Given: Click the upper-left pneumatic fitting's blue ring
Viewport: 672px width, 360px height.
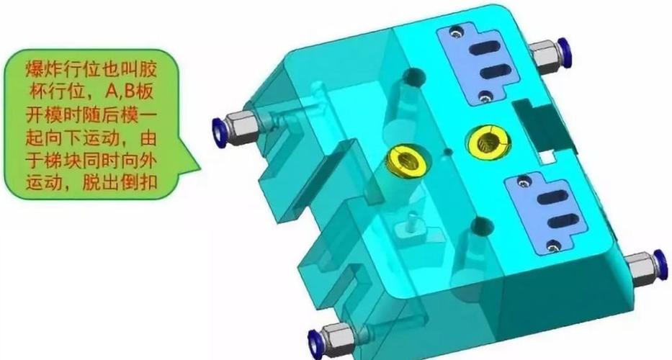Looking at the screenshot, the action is tap(219, 133).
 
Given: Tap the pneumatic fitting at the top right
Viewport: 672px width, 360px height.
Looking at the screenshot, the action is tap(550, 53).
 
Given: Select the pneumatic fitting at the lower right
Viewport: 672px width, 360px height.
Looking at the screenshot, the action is tap(646, 267).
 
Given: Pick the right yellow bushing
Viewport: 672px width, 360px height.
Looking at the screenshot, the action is tap(488, 141).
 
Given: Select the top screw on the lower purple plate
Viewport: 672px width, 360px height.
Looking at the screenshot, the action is tap(524, 182).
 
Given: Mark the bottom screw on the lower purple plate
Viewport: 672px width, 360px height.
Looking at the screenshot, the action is tap(553, 246).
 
